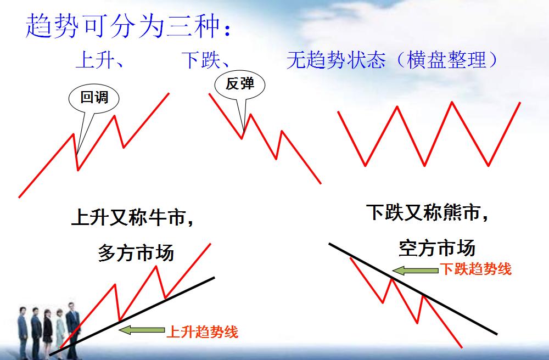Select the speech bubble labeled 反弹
click(240, 85)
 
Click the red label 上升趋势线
click(202, 331)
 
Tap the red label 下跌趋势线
click(475, 269)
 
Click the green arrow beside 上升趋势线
click(141, 330)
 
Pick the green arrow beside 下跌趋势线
click(415, 270)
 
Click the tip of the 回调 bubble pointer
click(77, 151)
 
